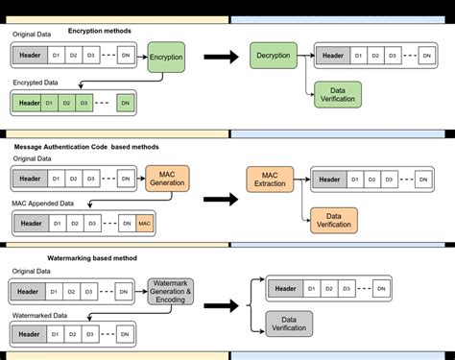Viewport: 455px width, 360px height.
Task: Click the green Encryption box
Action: click(165, 57)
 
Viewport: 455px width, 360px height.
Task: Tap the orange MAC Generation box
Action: click(167, 178)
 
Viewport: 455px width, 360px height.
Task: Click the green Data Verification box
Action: click(337, 95)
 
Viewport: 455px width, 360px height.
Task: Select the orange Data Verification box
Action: click(333, 220)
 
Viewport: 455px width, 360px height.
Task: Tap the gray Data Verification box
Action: click(286, 324)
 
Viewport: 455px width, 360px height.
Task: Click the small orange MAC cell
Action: click(144, 224)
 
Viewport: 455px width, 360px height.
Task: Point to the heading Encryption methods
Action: click(99, 31)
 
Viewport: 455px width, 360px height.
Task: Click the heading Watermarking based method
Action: click(92, 258)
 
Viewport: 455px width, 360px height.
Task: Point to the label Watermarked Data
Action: click(39, 315)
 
